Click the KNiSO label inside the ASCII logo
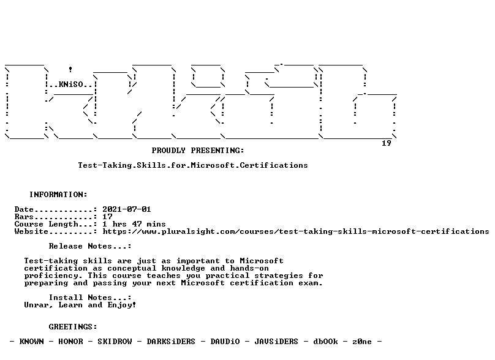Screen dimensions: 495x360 click(x=70, y=84)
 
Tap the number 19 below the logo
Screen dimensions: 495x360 click(x=387, y=143)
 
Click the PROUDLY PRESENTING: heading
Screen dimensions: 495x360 click(x=198, y=151)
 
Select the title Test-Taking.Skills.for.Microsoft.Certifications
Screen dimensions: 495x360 click(x=193, y=165)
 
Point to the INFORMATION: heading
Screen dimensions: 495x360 click(x=58, y=195)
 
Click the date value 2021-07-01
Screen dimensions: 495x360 click(x=127, y=209)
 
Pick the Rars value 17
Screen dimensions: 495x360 click(x=107, y=217)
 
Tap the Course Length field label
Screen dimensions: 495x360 click(x=46, y=224)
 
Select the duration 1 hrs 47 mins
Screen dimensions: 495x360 click(x=134, y=224)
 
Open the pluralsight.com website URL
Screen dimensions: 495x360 click(x=296, y=231)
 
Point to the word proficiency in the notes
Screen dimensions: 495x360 click(x=51, y=276)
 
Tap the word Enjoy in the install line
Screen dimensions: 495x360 click(x=121, y=305)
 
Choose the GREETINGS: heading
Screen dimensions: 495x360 click(x=73, y=327)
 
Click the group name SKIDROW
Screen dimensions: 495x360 click(x=115, y=342)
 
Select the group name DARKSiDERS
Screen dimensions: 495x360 click(x=171, y=342)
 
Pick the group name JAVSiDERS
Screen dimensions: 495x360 click(x=276, y=342)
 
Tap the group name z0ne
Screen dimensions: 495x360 click(x=362, y=342)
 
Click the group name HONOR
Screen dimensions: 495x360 click(x=70, y=342)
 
